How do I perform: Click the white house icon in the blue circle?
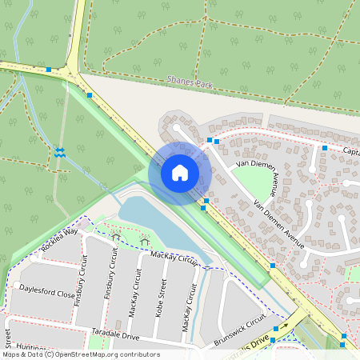pos(179,172)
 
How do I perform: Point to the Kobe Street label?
pos(163,298)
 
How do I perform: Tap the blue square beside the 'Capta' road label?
pos(325,148)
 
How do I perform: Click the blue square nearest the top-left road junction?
pos(50,70)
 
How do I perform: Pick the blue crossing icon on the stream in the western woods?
pos(60,151)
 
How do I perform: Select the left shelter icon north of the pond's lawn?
pos(117,237)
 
